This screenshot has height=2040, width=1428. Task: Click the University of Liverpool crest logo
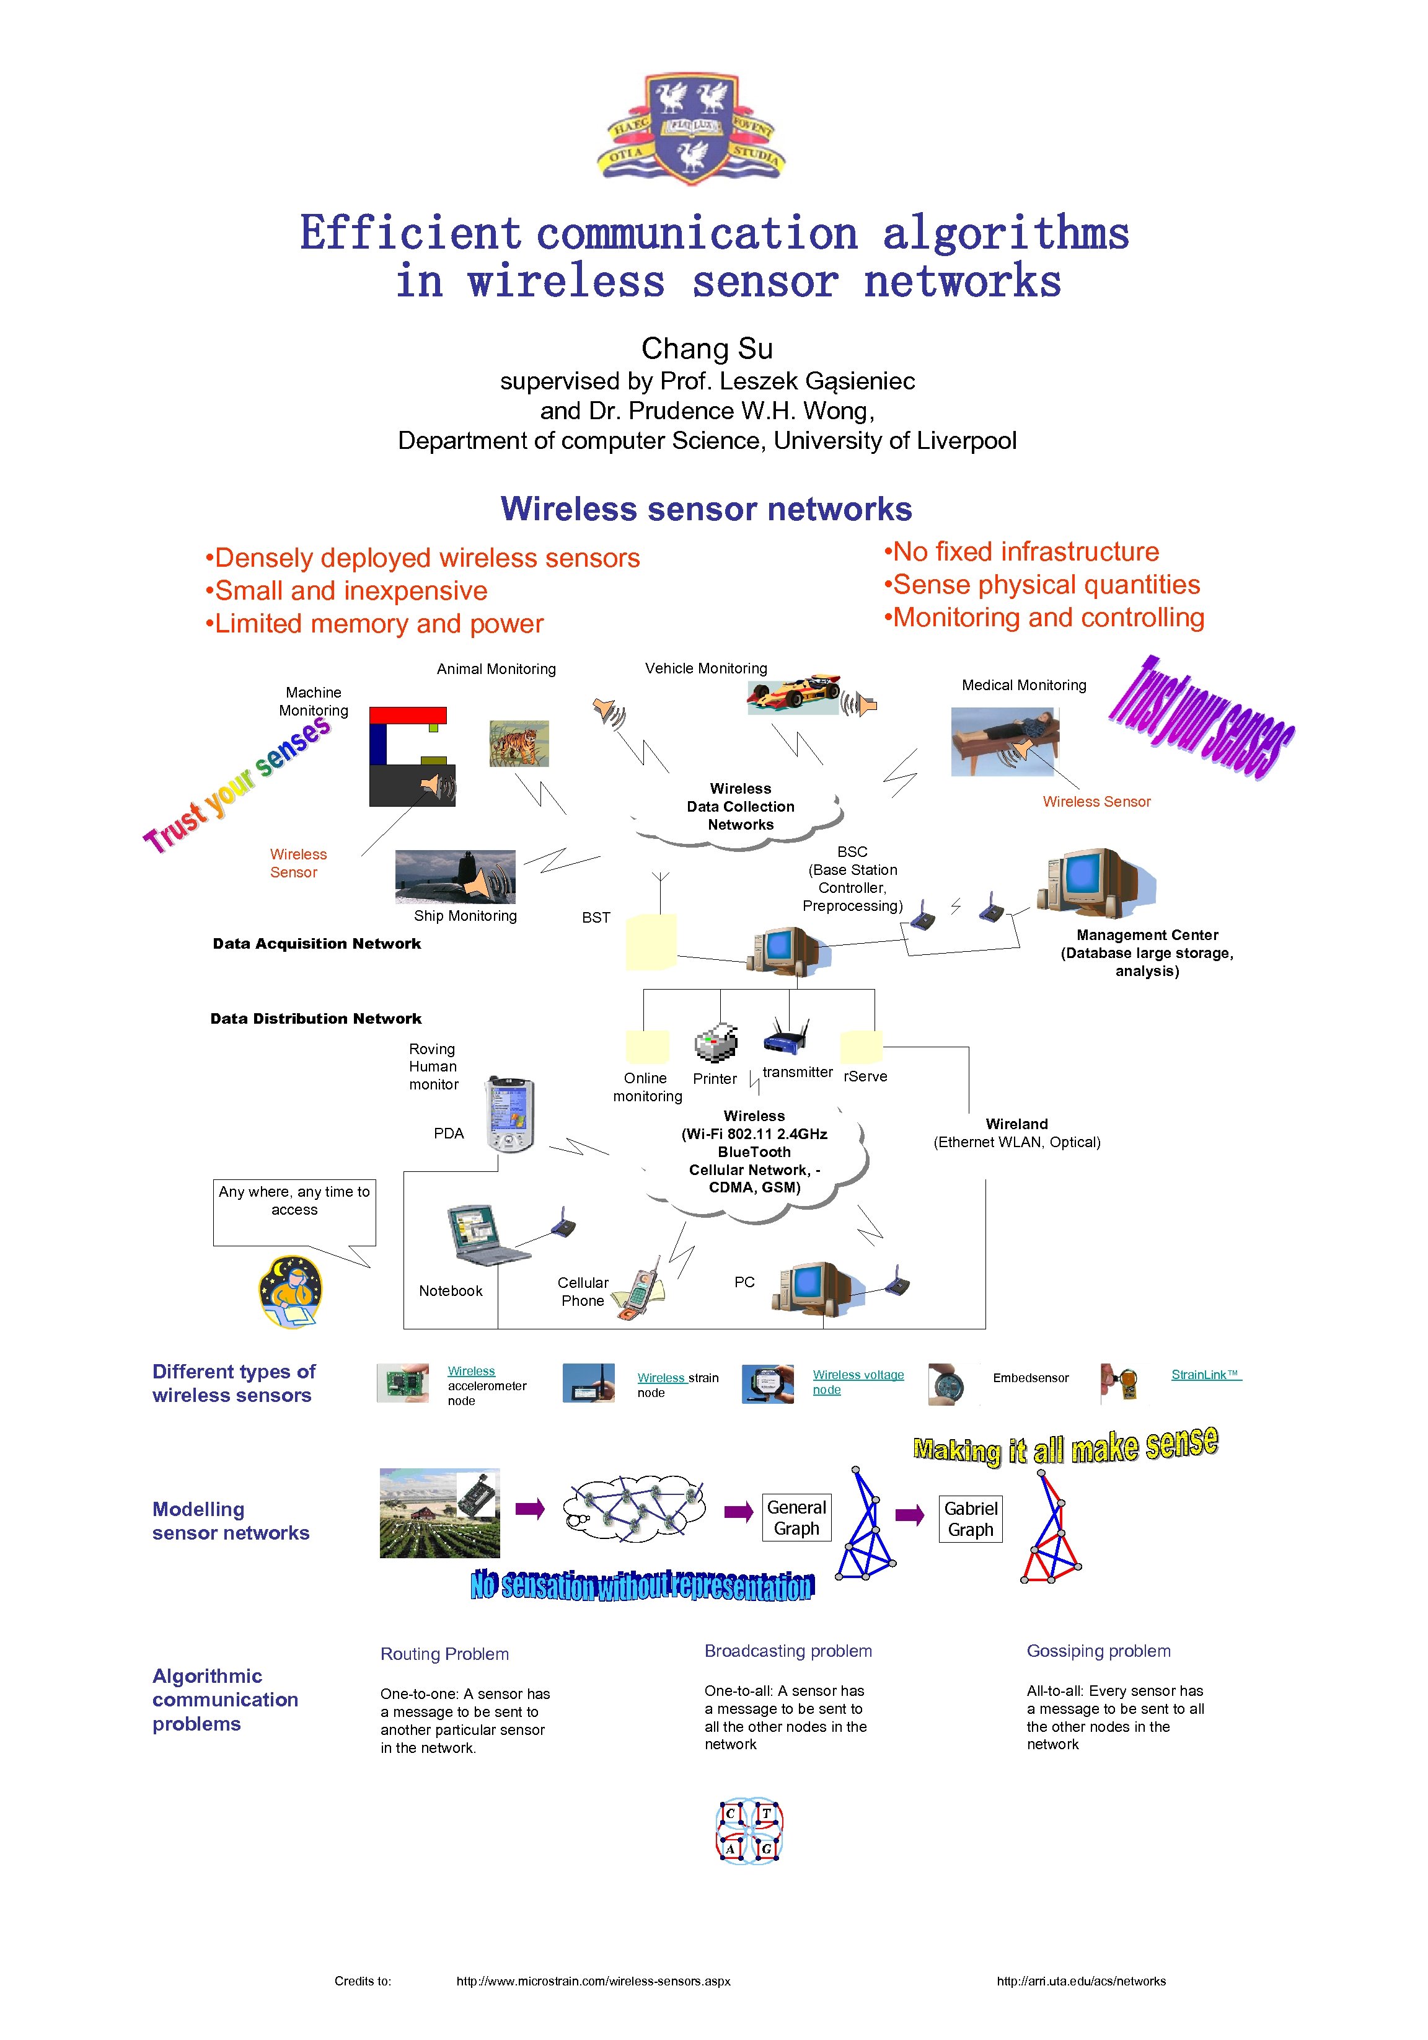click(692, 130)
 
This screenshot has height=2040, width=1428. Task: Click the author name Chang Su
click(707, 348)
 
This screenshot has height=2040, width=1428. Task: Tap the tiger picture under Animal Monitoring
click(519, 743)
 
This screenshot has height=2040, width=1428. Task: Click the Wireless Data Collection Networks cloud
click(740, 807)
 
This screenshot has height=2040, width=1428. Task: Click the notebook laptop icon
click(485, 1235)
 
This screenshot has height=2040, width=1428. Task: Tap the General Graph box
click(796, 1517)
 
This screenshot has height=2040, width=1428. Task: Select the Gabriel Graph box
click(971, 1519)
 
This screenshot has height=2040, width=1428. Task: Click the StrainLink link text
click(1205, 1375)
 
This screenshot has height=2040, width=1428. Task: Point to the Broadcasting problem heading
click(788, 1651)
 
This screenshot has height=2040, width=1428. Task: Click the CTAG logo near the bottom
click(749, 1830)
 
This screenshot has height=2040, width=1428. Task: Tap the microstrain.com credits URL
click(593, 1980)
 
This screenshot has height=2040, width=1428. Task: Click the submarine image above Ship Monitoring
click(455, 876)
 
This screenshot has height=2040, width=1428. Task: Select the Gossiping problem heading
click(1098, 1651)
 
